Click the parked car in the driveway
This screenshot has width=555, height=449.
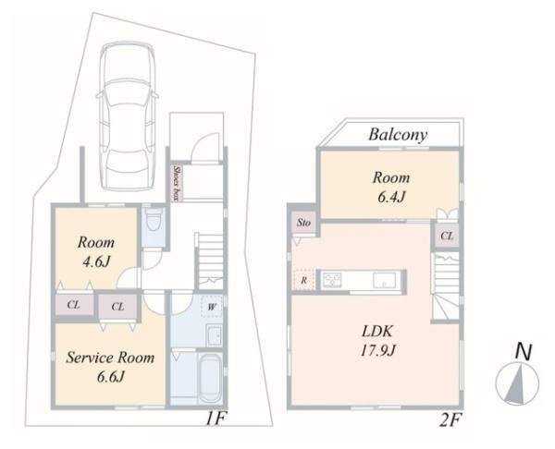127,116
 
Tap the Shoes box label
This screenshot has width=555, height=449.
176,183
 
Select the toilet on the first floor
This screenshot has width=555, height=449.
154,219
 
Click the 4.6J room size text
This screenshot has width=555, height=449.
96,261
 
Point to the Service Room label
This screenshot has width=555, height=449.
110,358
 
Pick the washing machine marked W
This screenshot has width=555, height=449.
211,307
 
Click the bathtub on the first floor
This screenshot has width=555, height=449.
210,378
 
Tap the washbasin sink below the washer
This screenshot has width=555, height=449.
215,335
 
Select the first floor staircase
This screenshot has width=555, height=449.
210,261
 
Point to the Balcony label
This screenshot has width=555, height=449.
398,135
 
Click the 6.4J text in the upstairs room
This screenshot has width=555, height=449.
390,197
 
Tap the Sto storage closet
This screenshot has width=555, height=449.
303,223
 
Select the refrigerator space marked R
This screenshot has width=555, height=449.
303,281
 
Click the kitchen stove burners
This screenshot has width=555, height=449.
332,280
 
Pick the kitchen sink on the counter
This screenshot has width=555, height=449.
385,280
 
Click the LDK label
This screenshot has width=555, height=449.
377,332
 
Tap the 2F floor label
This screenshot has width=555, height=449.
450,420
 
